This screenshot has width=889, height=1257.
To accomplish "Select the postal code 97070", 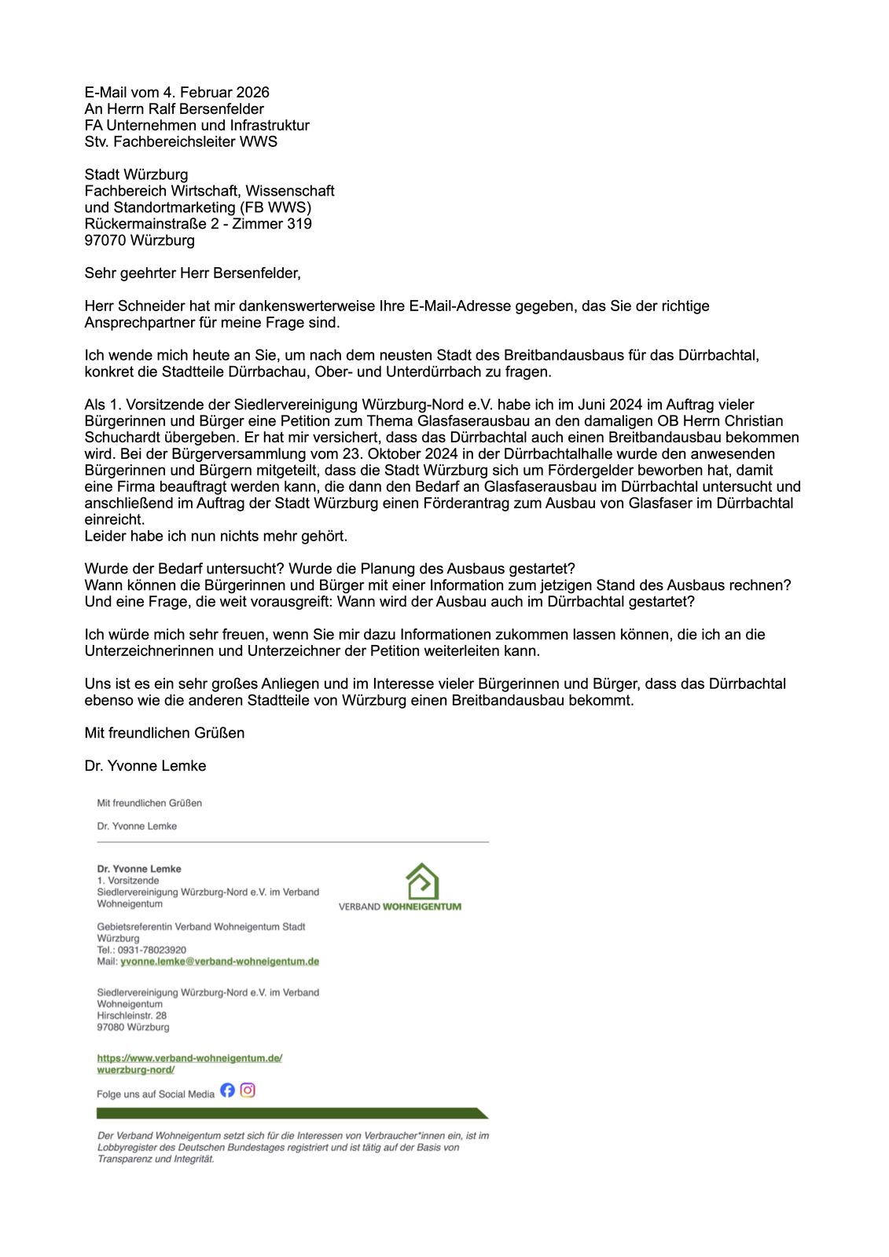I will [106, 240].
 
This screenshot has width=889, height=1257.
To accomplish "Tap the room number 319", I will [299, 224].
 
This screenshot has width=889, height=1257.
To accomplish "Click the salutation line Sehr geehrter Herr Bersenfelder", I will [193, 273].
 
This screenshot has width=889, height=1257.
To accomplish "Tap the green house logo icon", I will [422, 881].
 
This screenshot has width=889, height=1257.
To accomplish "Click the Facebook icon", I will [227, 1090].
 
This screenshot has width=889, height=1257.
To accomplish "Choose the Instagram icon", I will [248, 1090].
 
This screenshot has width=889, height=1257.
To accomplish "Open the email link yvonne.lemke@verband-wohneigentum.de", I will [219, 962].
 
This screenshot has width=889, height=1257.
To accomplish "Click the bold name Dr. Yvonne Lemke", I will [139, 869].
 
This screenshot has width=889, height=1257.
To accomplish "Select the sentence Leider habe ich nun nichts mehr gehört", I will [216, 537].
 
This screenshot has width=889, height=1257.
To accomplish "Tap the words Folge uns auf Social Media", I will [156, 1094].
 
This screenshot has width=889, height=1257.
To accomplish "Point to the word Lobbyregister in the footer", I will [126, 1148].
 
